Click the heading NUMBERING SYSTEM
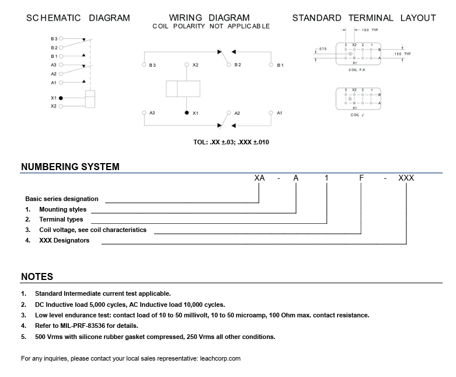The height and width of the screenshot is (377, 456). click(70, 167)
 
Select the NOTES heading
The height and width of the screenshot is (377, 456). click(37, 276)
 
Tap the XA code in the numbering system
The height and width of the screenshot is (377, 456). click(260, 178)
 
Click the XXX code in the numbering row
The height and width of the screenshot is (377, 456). click(406, 178)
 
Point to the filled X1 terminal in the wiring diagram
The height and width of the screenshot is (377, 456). click(187, 112)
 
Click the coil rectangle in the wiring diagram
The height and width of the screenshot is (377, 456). click(183, 89)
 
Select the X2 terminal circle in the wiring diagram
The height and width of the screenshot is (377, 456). click(187, 64)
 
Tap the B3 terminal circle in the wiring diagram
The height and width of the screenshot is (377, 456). click(144, 64)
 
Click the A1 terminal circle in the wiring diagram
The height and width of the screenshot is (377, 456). click(271, 112)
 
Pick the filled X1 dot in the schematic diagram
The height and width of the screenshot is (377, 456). click(61, 98)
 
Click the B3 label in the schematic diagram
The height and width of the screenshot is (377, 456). click(54, 39)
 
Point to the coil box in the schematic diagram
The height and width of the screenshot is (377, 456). click(90, 99)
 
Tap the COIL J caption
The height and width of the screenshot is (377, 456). click(357, 115)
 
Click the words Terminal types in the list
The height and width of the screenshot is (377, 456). click(61, 219)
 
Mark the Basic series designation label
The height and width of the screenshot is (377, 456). click(62, 199)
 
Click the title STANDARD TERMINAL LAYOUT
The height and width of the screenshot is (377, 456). click(364, 18)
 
